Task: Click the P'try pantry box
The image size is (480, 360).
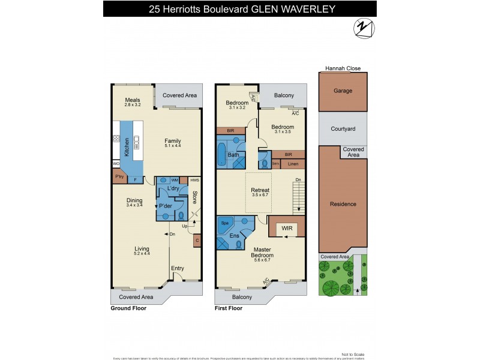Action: click(119, 178)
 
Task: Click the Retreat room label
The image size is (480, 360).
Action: click(260, 190)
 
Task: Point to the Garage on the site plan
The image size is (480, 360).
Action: click(343, 91)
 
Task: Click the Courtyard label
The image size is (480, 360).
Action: click(343, 128)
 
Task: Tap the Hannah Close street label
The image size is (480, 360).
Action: click(343, 69)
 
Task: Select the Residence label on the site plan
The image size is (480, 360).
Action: click(343, 204)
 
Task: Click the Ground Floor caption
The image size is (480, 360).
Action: click(128, 308)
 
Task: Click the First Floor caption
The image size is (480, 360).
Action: click(229, 308)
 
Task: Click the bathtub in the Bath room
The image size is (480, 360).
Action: click(221, 154)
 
